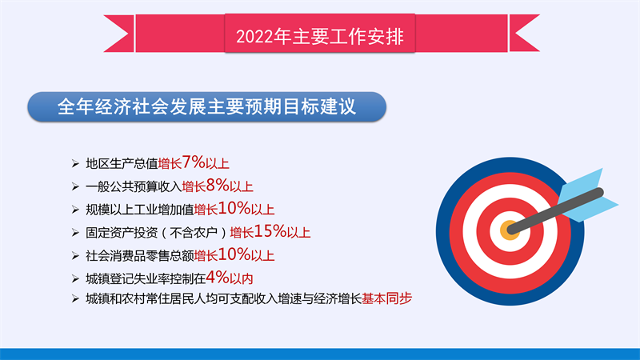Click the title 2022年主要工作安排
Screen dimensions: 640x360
pyautogui.click(x=319, y=36)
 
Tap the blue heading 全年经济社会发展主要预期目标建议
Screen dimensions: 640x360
pyautogui.click(x=206, y=106)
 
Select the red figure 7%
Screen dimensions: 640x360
pyautogui.click(x=194, y=162)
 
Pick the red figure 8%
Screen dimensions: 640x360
pyautogui.click(x=218, y=185)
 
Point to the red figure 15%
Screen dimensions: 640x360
pyautogui.click(x=270, y=231)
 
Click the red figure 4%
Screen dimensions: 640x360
pyautogui.click(x=218, y=277)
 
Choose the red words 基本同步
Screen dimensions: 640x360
pyautogui.click(x=386, y=298)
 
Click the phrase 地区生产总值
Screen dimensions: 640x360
pyautogui.click(x=122, y=164)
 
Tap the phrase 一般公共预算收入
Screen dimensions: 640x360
pyautogui.click(x=134, y=186)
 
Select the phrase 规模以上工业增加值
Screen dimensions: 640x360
pyautogui.click(x=139, y=210)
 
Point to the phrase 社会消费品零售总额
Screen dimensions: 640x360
pyautogui.click(x=139, y=255)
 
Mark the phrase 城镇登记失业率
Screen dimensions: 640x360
pyautogui.click(x=128, y=278)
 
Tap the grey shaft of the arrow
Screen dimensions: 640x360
pyautogui.click(x=555, y=210)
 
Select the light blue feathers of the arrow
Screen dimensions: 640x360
pyautogui.click(x=588, y=195)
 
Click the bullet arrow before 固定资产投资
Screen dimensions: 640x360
pyautogui.click(x=75, y=233)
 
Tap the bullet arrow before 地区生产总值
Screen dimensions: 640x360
pyautogui.click(x=75, y=164)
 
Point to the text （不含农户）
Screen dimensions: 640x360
pyautogui.click(x=194, y=233)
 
